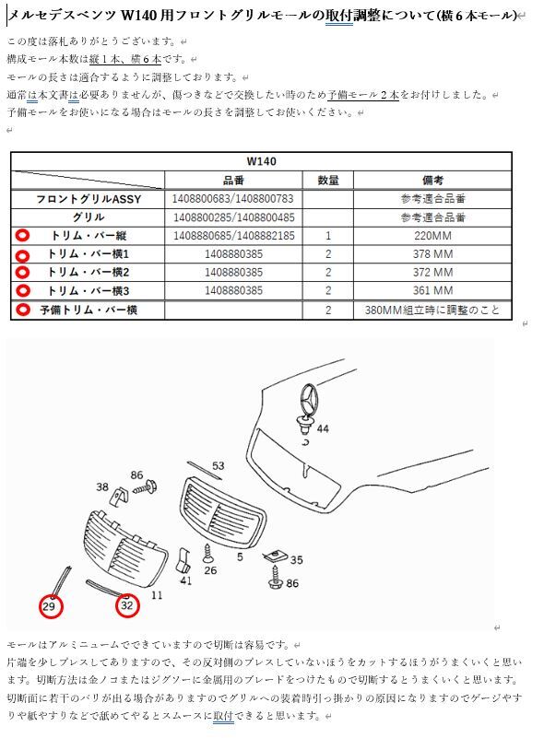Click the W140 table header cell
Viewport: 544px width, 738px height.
pyautogui.click(x=261, y=160)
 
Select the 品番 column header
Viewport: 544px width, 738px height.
pyautogui.click(x=233, y=180)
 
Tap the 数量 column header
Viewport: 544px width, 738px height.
pyautogui.click(x=328, y=180)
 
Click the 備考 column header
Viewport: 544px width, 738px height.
pyautogui.click(x=432, y=180)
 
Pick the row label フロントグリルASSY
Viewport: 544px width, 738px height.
pyautogui.click(x=89, y=199)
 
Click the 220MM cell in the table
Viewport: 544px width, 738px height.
pyautogui.click(x=432, y=236)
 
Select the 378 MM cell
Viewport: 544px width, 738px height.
pyautogui.click(x=432, y=254)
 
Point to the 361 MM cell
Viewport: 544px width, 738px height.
pyautogui.click(x=432, y=291)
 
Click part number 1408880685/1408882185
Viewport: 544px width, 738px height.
pyautogui.click(x=233, y=236)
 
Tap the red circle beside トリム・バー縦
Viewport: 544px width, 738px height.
pyautogui.click(x=23, y=236)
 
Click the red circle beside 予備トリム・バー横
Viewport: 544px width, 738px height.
pyautogui.click(x=23, y=310)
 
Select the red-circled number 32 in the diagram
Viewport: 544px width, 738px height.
pyautogui.click(x=126, y=605)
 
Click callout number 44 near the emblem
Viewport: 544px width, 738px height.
pyautogui.click(x=322, y=429)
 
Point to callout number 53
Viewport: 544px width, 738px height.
pyautogui.click(x=218, y=466)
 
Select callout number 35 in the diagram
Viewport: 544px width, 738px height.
pyautogui.click(x=296, y=559)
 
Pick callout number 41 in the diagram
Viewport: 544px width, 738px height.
pyautogui.click(x=185, y=580)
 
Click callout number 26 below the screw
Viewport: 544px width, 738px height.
pyautogui.click(x=210, y=569)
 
